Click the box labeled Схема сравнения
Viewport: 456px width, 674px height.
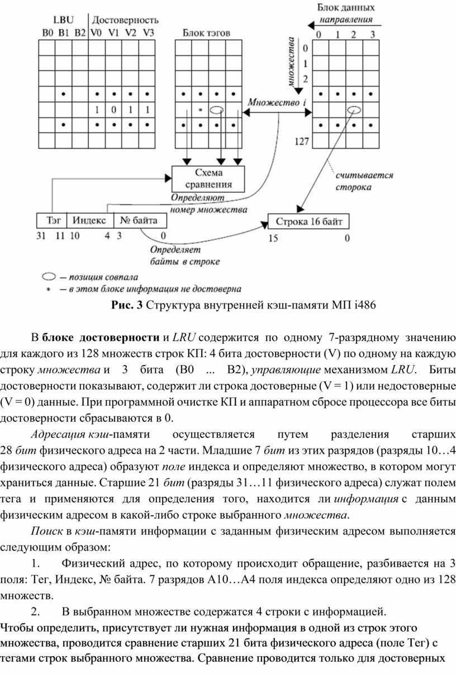click(x=208, y=178)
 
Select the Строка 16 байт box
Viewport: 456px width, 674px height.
click(x=308, y=221)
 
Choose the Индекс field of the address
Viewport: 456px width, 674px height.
click(x=91, y=221)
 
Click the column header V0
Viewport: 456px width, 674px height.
click(x=96, y=32)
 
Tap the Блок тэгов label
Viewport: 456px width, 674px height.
click(x=206, y=32)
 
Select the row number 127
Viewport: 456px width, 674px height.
click(x=302, y=142)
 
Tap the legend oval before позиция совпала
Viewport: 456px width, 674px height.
click(x=51, y=276)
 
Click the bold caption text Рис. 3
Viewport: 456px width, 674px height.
click(x=127, y=305)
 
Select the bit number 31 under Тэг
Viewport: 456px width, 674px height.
click(x=41, y=235)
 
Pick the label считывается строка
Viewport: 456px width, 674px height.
click(x=364, y=181)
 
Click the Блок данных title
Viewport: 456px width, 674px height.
click(x=346, y=8)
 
